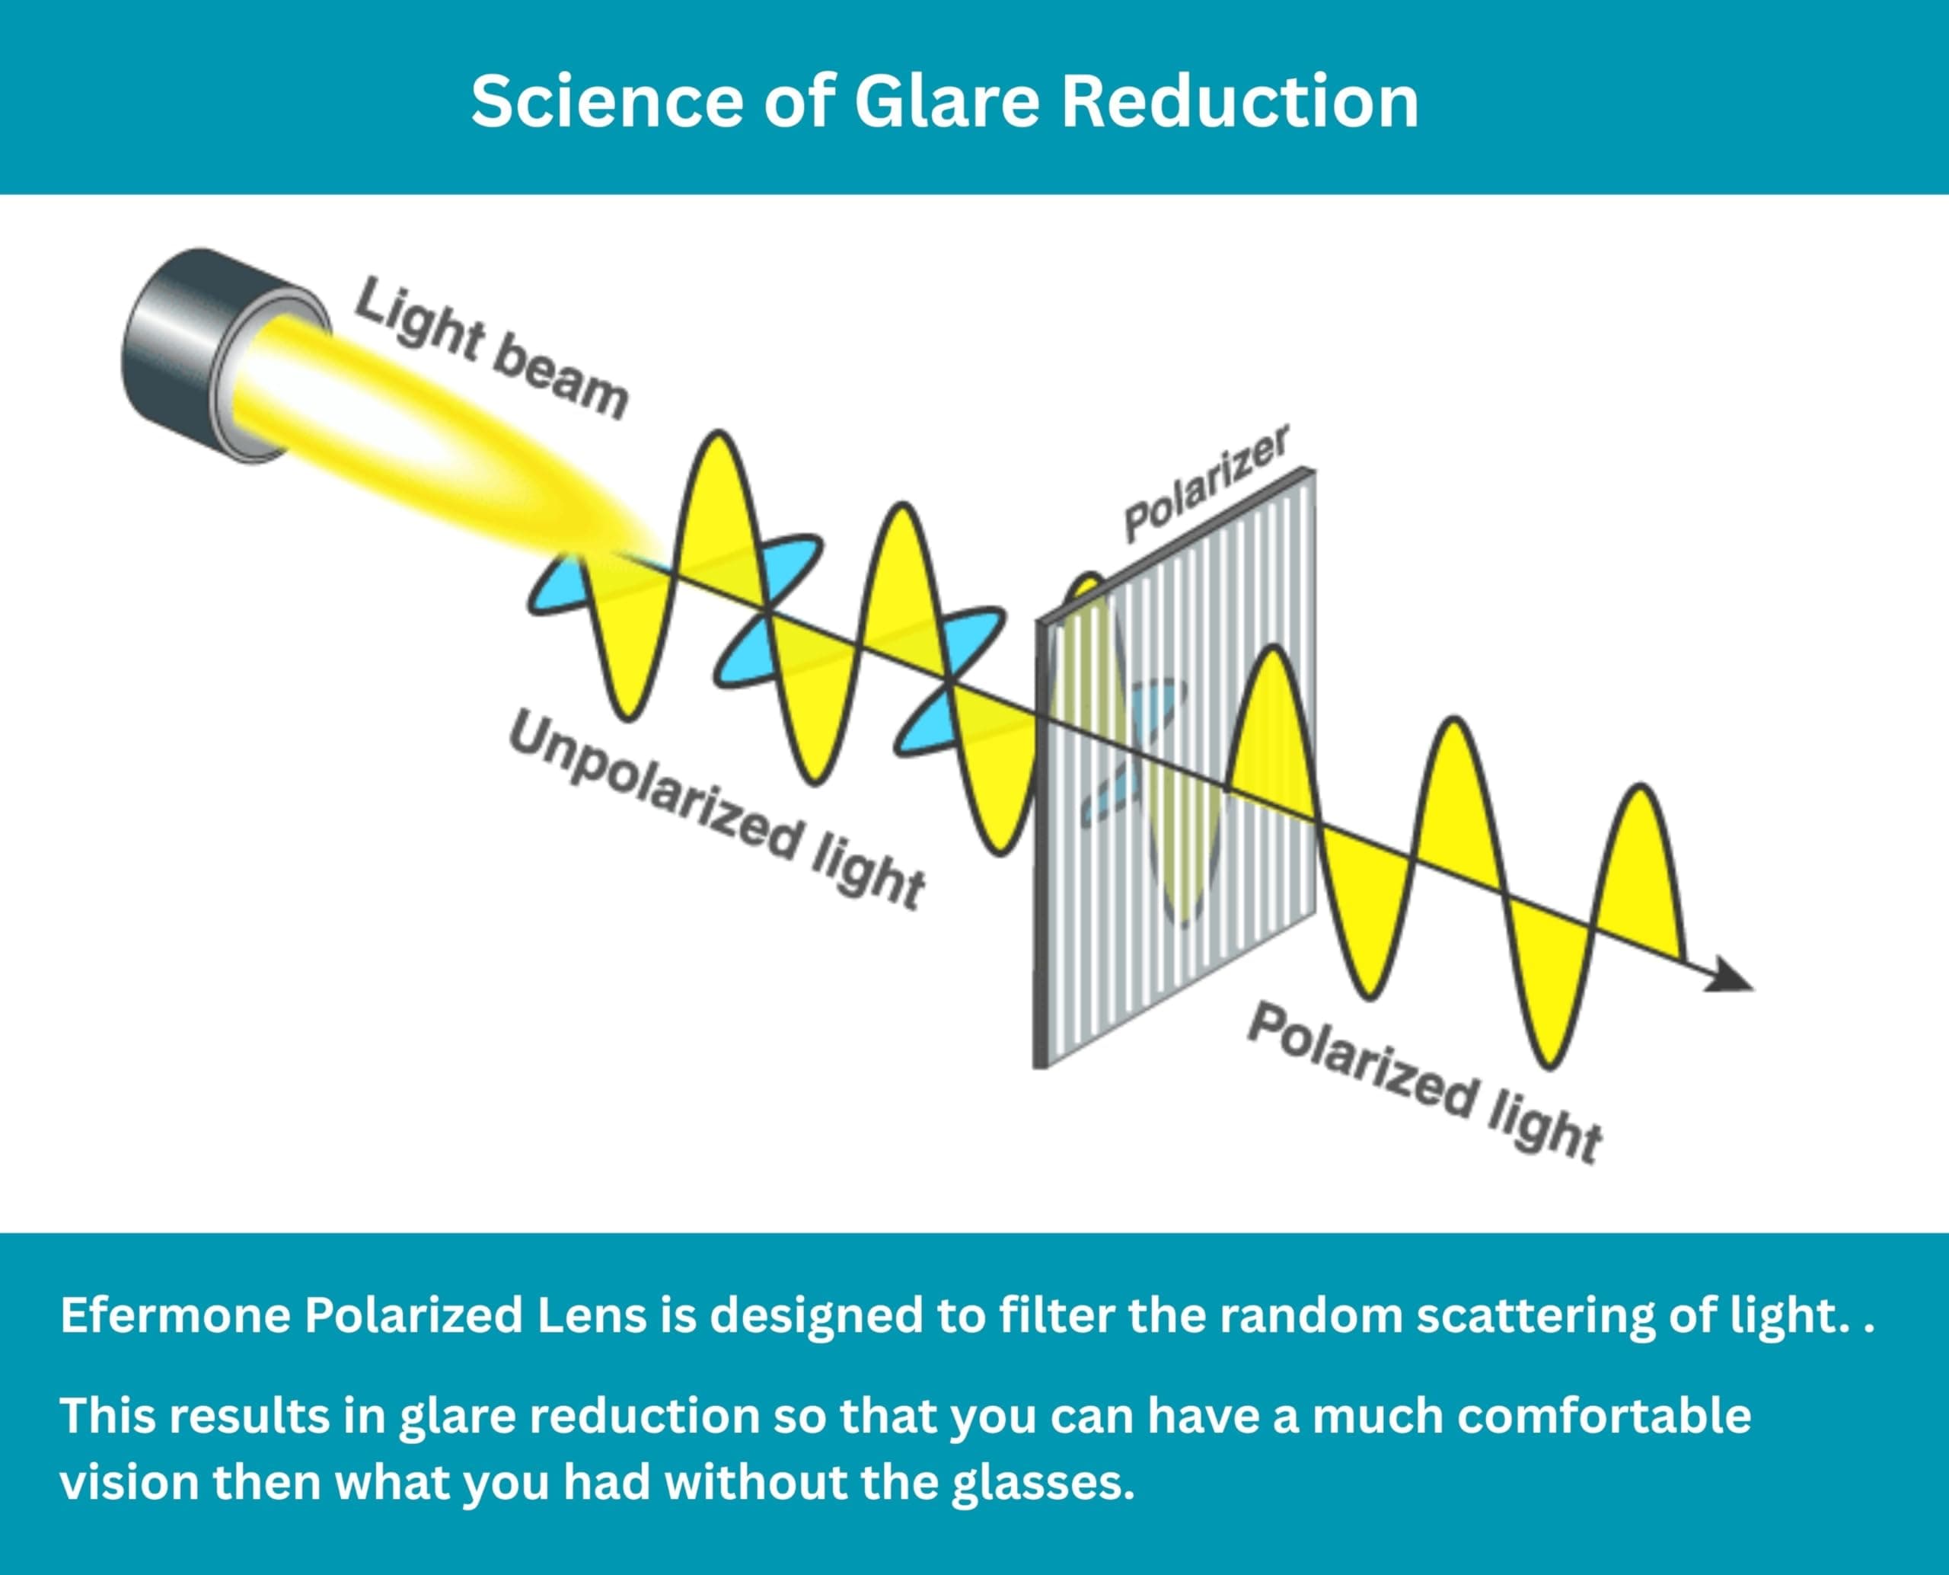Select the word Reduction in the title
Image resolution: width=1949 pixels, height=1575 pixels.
(x=1239, y=101)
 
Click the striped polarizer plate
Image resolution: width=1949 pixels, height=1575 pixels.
(x=1175, y=772)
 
